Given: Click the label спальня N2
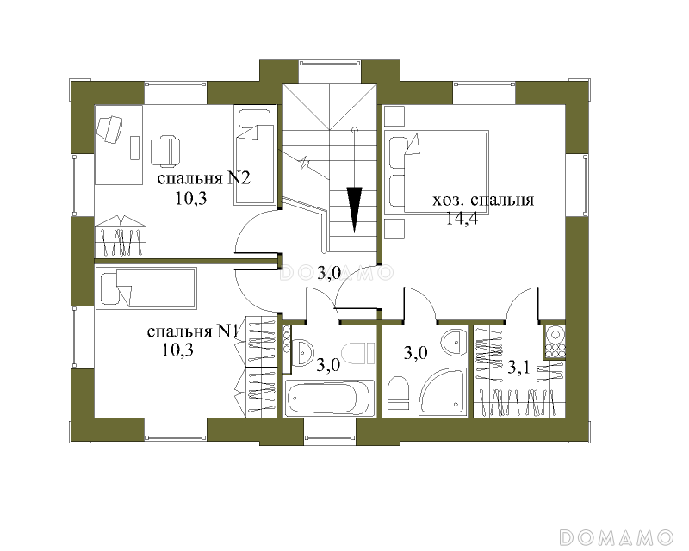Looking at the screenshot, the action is [x=203, y=179].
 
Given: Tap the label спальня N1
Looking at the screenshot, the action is [x=193, y=331].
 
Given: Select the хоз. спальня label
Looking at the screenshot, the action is [x=483, y=201].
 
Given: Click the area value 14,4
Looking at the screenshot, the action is [x=462, y=218].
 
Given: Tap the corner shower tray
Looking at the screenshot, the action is [x=443, y=393].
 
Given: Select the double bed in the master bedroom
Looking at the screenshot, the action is [x=437, y=172].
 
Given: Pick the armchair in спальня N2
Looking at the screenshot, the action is [x=165, y=152].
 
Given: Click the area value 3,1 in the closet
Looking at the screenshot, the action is [x=518, y=368].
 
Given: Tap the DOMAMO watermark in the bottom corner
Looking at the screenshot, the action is [x=617, y=537].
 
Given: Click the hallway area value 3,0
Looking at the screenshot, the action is [x=329, y=274].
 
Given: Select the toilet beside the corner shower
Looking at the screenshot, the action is [x=399, y=393].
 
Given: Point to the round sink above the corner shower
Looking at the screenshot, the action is [x=454, y=342].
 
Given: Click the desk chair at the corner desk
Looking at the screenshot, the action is [x=109, y=130].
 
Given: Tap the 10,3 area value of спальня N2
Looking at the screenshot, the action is [x=191, y=199].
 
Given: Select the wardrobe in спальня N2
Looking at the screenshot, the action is [x=121, y=237].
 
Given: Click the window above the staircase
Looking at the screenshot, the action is [x=330, y=64].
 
